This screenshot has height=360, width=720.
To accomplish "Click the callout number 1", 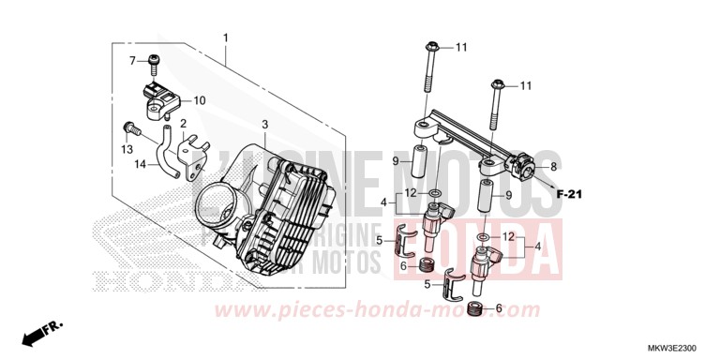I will (225, 38).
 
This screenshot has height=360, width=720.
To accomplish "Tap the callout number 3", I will (264, 125).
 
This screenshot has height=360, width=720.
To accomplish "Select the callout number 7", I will (132, 61).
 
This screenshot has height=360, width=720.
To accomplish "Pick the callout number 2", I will (183, 124).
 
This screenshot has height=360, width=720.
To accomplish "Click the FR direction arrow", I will (42, 331).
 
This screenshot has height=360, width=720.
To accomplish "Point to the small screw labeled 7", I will (153, 64).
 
